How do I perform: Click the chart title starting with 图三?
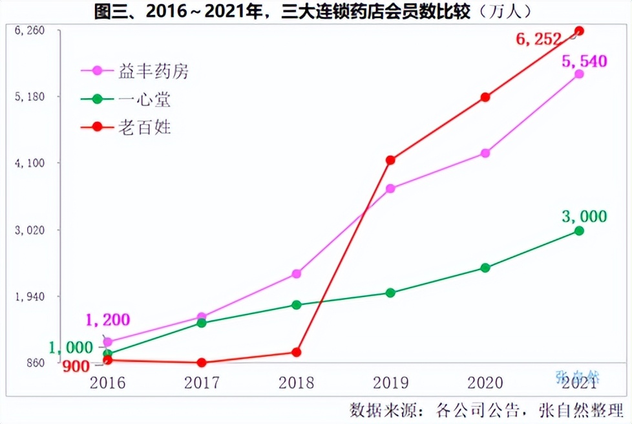coord(315,12)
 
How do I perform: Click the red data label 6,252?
coord(538,39)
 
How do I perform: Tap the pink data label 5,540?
coord(584,61)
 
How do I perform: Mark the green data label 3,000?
coord(584,217)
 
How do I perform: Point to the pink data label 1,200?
coord(107,319)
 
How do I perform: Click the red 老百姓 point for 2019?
coord(390,160)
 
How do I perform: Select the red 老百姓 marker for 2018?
coord(297,352)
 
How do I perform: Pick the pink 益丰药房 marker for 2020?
coord(485,153)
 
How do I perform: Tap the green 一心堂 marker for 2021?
coord(579,231)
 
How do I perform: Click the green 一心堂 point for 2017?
coord(202,323)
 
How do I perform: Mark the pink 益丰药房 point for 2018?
coord(297,273)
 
